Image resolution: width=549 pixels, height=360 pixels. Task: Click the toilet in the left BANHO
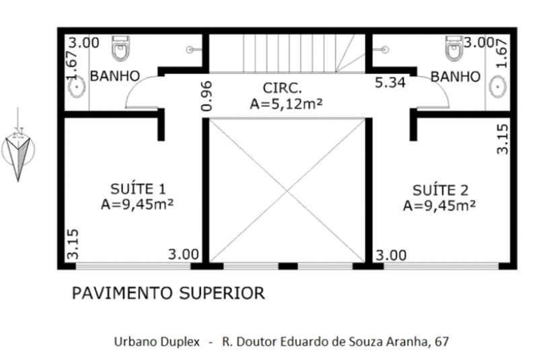[121, 48]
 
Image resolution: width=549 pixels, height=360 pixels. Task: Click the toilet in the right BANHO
[454, 48]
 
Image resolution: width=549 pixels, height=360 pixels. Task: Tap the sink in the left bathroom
[76, 87]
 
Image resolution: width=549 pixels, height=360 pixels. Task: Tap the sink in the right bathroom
[498, 87]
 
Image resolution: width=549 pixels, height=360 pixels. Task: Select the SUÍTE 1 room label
[138, 189]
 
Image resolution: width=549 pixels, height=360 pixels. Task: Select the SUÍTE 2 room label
[440, 190]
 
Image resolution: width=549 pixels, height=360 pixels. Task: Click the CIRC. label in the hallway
[282, 88]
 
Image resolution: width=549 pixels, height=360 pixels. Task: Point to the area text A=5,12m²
[286, 104]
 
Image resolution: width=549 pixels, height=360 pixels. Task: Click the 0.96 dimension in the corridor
[207, 96]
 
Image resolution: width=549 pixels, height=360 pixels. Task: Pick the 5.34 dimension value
[390, 83]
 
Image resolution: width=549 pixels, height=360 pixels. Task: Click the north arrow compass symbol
[18, 149]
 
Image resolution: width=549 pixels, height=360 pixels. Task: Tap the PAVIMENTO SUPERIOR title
[168, 293]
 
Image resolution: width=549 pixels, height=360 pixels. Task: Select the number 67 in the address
[441, 341]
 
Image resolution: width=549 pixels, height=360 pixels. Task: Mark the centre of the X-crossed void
[287, 191]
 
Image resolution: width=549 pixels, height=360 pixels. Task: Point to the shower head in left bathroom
[190, 50]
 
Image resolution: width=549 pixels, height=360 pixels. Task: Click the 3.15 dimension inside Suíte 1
[73, 244]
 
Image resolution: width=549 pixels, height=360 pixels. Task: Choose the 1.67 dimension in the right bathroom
[501, 53]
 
